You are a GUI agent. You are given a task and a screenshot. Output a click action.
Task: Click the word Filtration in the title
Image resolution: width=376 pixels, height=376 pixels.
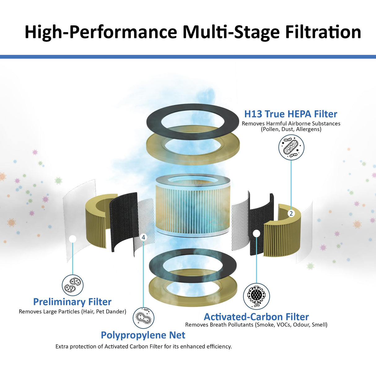coord(323,32)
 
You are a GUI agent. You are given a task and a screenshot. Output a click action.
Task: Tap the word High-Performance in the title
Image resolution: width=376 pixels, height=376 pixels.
coord(101,32)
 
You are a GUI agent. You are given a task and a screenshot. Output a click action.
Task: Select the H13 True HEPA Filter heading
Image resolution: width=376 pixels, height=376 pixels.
coord(291,114)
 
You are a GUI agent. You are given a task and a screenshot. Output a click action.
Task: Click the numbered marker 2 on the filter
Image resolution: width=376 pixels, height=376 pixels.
coord(291,213)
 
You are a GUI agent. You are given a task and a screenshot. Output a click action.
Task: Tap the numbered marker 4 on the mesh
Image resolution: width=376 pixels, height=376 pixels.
coord(143,237)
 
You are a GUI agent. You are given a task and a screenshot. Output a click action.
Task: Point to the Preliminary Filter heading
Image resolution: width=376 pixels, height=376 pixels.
coord(72,302)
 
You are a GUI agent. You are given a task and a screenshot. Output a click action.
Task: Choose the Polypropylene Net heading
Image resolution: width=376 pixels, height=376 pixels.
coord(143,335)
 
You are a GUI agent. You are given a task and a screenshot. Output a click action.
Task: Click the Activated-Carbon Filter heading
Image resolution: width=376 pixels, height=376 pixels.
coord(256,317)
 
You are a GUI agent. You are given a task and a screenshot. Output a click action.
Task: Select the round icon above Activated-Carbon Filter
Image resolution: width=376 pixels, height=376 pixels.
coord(256,296)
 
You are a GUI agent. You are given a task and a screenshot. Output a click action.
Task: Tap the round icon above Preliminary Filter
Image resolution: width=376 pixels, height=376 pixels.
coord(72,285)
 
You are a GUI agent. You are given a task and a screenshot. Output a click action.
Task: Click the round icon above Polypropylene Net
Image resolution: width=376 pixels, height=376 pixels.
coord(143,318)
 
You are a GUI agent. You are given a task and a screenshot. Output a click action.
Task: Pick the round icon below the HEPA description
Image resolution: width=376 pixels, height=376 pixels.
coord(291,147)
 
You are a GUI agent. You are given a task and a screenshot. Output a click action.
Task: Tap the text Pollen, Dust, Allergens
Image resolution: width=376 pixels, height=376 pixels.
coord(291,129)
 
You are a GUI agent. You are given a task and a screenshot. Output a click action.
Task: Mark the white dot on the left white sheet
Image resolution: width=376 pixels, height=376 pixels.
coord(73,239)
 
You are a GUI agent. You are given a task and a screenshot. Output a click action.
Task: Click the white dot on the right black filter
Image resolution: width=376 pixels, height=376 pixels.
coord(256,233)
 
